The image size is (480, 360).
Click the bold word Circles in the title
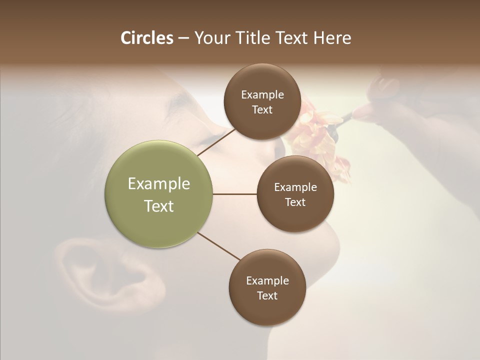tap(147, 38)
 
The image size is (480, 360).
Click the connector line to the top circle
tap(216, 142)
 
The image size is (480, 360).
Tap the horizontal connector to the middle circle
tap(235, 194)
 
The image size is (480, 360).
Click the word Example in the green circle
tap(159, 184)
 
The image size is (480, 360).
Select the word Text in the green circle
tap(159, 206)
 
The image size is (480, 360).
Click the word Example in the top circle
tap(262, 95)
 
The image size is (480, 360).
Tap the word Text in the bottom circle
tap(267, 295)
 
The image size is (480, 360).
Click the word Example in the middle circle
tap(295, 187)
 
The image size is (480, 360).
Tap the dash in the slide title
tap(183, 38)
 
